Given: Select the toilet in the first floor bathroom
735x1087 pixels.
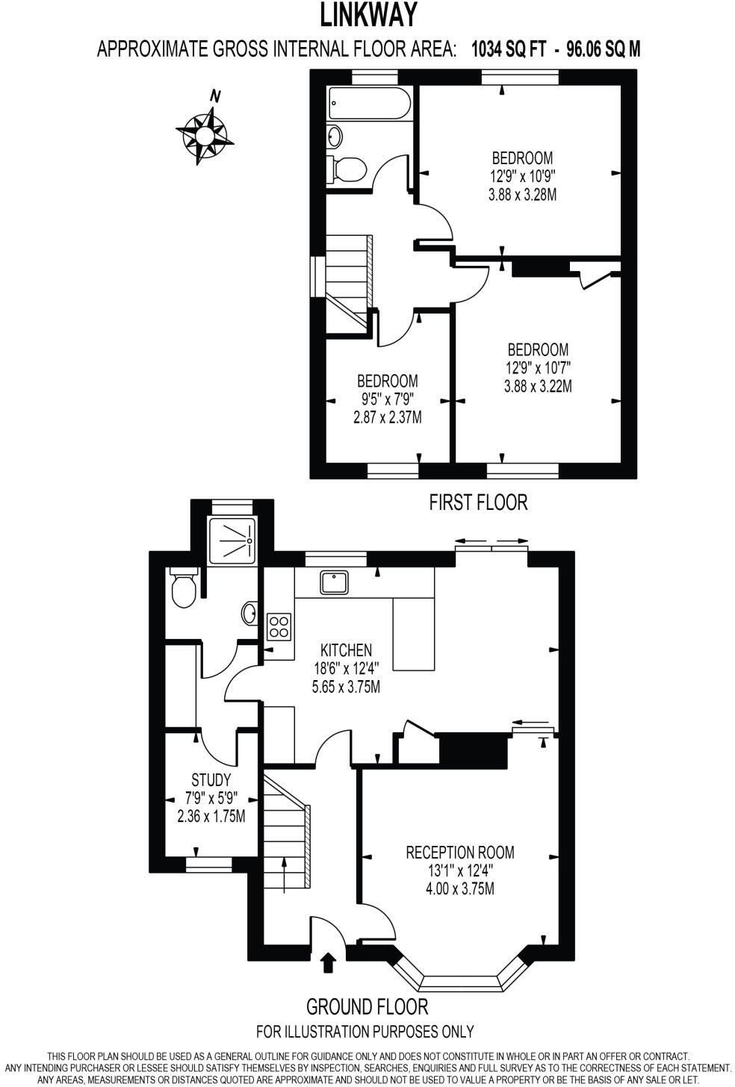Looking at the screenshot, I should pyautogui.click(x=347, y=169).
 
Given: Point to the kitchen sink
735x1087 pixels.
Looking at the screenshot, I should pyautogui.click(x=334, y=582).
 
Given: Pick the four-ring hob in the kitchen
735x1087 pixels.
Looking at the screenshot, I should pyautogui.click(x=279, y=626).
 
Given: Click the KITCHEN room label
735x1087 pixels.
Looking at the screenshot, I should pyautogui.click(x=346, y=650).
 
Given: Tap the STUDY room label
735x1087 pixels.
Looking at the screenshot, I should pyautogui.click(x=211, y=780).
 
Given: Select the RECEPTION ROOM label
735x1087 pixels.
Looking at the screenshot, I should pyautogui.click(x=459, y=852).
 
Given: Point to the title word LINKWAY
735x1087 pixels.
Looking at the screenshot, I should pyautogui.click(x=368, y=15).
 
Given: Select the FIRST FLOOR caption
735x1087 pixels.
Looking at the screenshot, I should pyautogui.click(x=478, y=502).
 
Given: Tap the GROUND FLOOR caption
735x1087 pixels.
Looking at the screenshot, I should pyautogui.click(x=367, y=1006).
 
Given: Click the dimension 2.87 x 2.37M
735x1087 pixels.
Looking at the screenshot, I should pyautogui.click(x=387, y=417).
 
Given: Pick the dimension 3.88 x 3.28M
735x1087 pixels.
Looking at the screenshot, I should pyautogui.click(x=522, y=195).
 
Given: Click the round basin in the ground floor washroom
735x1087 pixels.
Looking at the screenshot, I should pyautogui.click(x=250, y=614).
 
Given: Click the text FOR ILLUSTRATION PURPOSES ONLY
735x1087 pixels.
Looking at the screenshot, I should pyautogui.click(x=365, y=1032).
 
